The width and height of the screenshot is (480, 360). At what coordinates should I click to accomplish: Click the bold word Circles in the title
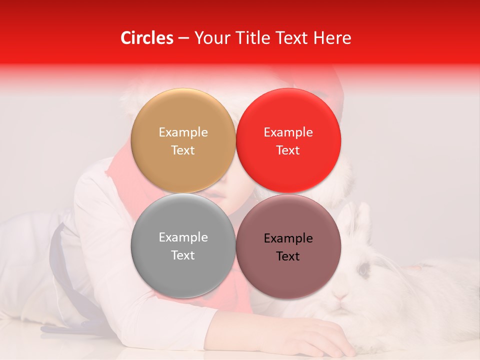147,38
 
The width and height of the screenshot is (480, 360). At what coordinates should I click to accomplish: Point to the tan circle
183,115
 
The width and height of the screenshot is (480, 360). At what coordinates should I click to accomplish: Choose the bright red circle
288,115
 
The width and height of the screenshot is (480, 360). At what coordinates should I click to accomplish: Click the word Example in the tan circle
183,132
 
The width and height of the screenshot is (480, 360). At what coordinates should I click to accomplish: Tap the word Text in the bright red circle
288,150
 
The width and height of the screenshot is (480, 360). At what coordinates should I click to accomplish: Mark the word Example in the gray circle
183,237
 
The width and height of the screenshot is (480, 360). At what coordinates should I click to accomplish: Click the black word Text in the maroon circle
288,256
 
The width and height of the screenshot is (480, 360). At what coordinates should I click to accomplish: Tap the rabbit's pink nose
341,296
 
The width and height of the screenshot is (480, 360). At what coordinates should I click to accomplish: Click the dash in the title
183,38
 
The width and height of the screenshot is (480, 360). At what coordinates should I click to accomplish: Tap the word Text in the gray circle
183,255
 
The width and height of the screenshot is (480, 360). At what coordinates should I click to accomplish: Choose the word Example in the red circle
288,132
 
